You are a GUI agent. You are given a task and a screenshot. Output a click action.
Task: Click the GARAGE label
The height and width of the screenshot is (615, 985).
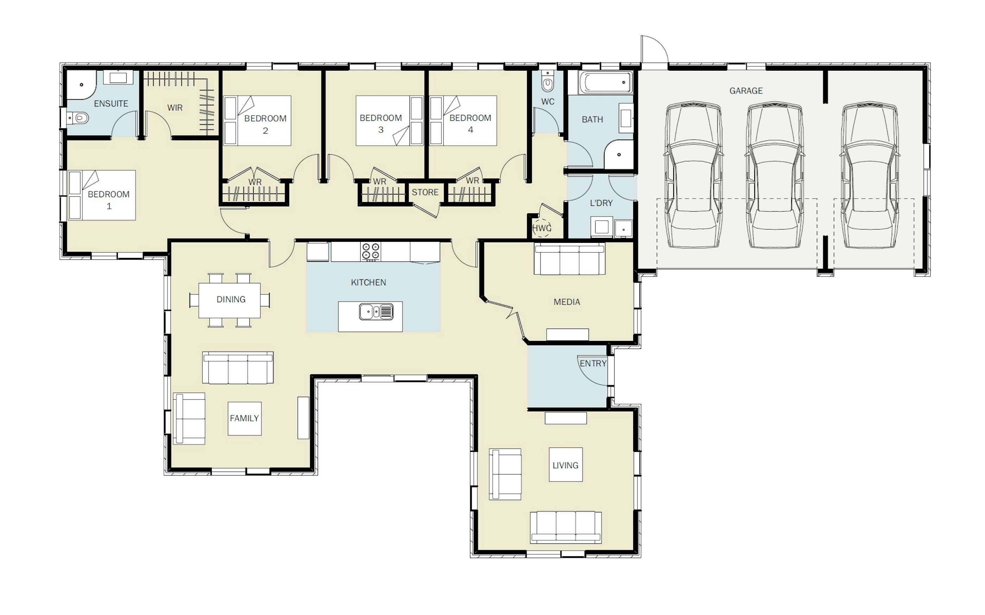(x=746, y=91)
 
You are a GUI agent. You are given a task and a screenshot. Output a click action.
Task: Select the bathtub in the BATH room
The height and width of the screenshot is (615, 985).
(x=606, y=83)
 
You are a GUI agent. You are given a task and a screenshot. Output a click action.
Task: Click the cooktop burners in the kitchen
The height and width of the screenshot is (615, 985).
(x=371, y=251)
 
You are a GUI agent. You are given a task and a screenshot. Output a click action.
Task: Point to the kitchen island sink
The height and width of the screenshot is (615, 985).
(x=376, y=312)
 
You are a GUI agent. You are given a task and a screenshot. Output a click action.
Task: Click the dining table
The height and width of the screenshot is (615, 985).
(x=230, y=300)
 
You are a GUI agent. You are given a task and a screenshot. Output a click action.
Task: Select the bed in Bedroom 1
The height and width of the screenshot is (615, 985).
(x=102, y=195)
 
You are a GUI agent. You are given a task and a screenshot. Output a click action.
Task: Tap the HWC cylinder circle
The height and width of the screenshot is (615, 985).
(x=542, y=228)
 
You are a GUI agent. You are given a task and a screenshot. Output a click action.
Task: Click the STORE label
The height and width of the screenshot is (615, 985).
(x=425, y=192)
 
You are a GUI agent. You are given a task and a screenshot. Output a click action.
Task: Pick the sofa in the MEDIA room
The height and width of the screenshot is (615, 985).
(x=570, y=259)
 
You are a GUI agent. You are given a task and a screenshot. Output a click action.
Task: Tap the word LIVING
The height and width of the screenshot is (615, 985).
(x=565, y=465)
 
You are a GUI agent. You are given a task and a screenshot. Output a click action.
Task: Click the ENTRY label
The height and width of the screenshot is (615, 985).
(x=593, y=364)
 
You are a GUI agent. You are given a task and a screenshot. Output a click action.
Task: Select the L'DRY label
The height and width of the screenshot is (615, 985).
(x=601, y=203)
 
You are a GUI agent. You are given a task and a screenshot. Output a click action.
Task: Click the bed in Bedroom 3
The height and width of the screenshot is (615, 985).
(x=389, y=121)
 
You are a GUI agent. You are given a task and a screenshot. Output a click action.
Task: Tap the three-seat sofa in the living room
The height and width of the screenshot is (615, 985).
(x=566, y=527)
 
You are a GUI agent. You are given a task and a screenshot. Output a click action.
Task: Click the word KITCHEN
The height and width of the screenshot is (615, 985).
(x=368, y=282)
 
